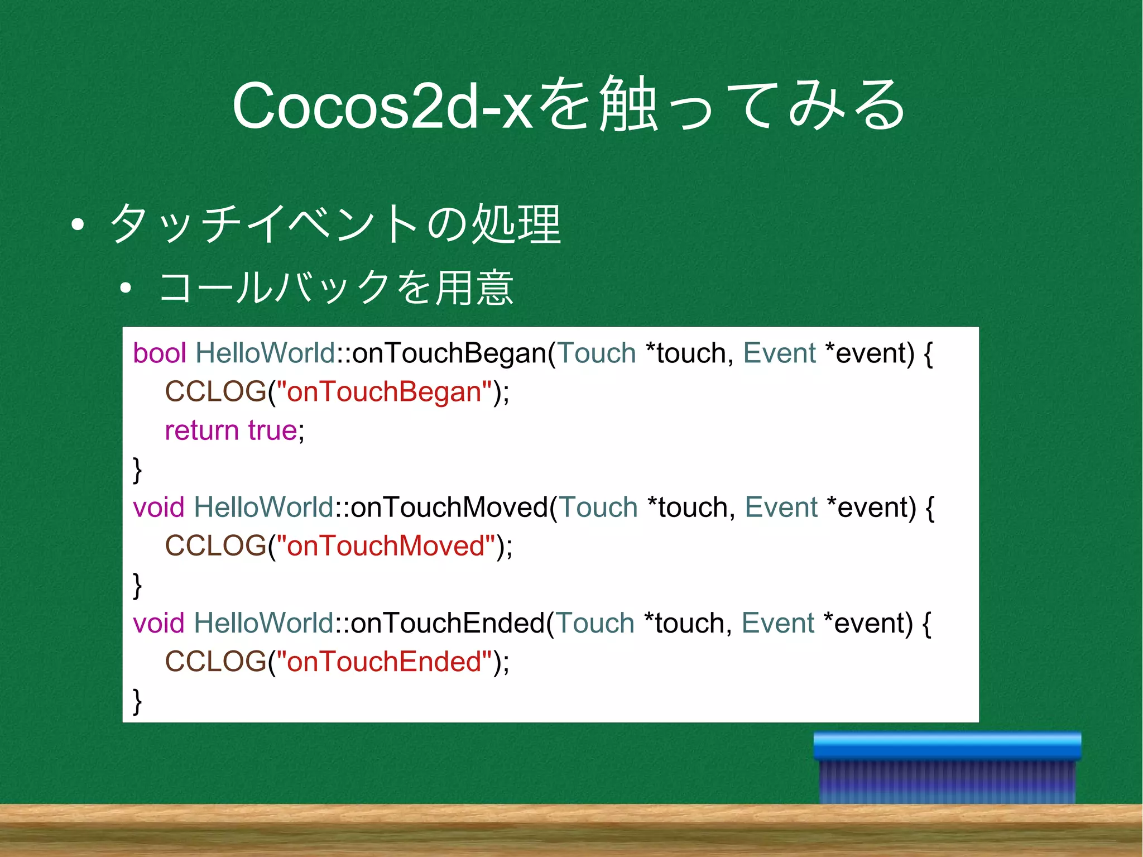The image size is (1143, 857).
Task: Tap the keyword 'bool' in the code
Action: pos(159,353)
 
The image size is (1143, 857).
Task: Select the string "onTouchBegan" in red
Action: pos(389,392)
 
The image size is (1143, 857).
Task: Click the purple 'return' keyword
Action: pos(201,430)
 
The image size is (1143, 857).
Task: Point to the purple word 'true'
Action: pos(272,430)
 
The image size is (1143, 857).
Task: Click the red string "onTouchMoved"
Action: pos(391,546)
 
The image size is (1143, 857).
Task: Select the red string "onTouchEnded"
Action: pos(389,662)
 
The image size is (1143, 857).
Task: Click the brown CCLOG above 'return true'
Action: pos(215,392)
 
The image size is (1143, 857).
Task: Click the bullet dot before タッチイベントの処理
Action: pos(78,225)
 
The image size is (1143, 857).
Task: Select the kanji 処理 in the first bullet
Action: pos(516,224)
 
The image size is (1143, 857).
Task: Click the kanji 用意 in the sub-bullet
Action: pos(474,288)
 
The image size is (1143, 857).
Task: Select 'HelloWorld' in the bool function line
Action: pos(265,353)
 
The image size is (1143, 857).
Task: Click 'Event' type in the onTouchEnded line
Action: pos(777,623)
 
